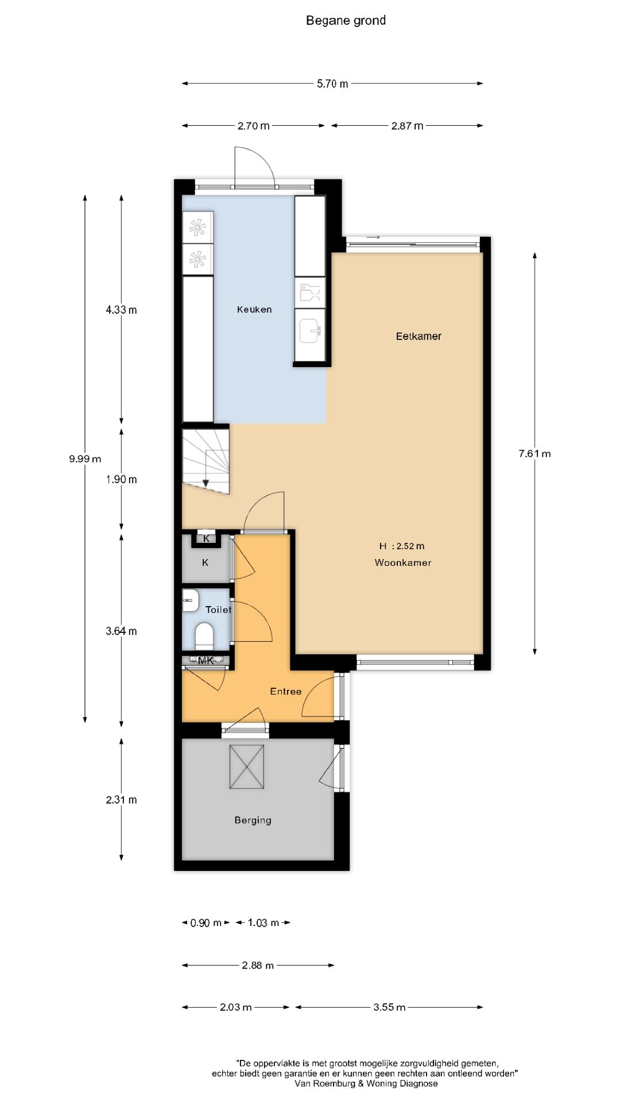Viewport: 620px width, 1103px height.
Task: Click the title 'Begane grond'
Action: click(346, 21)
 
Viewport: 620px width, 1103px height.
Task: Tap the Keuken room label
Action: click(254, 310)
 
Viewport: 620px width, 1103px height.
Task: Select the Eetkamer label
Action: click(418, 337)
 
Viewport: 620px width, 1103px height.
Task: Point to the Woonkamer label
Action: click(403, 563)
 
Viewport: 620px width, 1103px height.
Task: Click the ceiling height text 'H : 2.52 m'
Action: click(402, 546)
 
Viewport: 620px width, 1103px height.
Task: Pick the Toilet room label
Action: click(218, 610)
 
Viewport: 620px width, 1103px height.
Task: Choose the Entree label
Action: click(286, 692)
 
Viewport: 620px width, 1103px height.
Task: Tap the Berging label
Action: click(253, 820)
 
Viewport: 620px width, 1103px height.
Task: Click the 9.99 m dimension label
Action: click(85, 459)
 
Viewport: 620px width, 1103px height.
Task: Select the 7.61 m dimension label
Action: click(534, 454)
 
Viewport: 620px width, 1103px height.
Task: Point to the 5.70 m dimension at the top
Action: click(332, 84)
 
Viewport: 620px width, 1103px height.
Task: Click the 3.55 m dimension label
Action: click(389, 1007)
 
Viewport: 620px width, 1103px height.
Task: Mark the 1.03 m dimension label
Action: click(263, 923)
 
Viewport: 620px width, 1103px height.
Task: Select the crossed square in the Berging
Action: click(247, 767)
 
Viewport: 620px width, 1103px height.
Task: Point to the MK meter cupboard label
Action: click(206, 661)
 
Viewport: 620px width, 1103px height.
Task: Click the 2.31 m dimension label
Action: click(121, 800)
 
